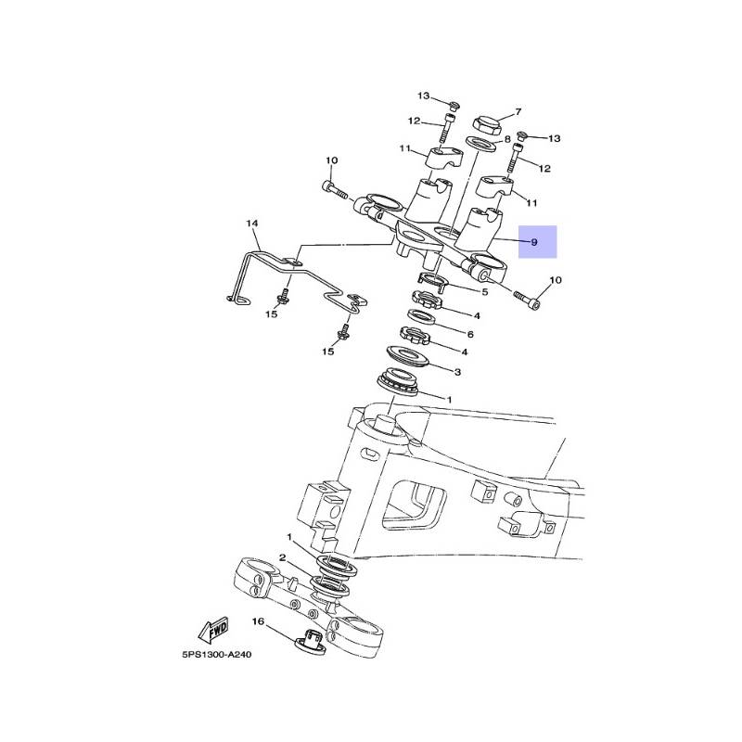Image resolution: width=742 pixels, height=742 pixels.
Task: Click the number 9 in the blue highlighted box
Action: (534, 243)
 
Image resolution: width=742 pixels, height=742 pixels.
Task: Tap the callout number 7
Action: (518, 110)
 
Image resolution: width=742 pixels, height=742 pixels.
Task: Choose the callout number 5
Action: (484, 291)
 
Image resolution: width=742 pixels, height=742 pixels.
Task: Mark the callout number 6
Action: (470, 334)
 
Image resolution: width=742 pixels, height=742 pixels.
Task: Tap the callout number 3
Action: (456, 371)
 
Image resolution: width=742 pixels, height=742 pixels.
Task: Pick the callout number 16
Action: (259, 620)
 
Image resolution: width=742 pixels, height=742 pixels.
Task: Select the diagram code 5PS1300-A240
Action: (217, 654)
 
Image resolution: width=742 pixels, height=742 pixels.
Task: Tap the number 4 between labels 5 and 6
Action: (477, 315)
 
